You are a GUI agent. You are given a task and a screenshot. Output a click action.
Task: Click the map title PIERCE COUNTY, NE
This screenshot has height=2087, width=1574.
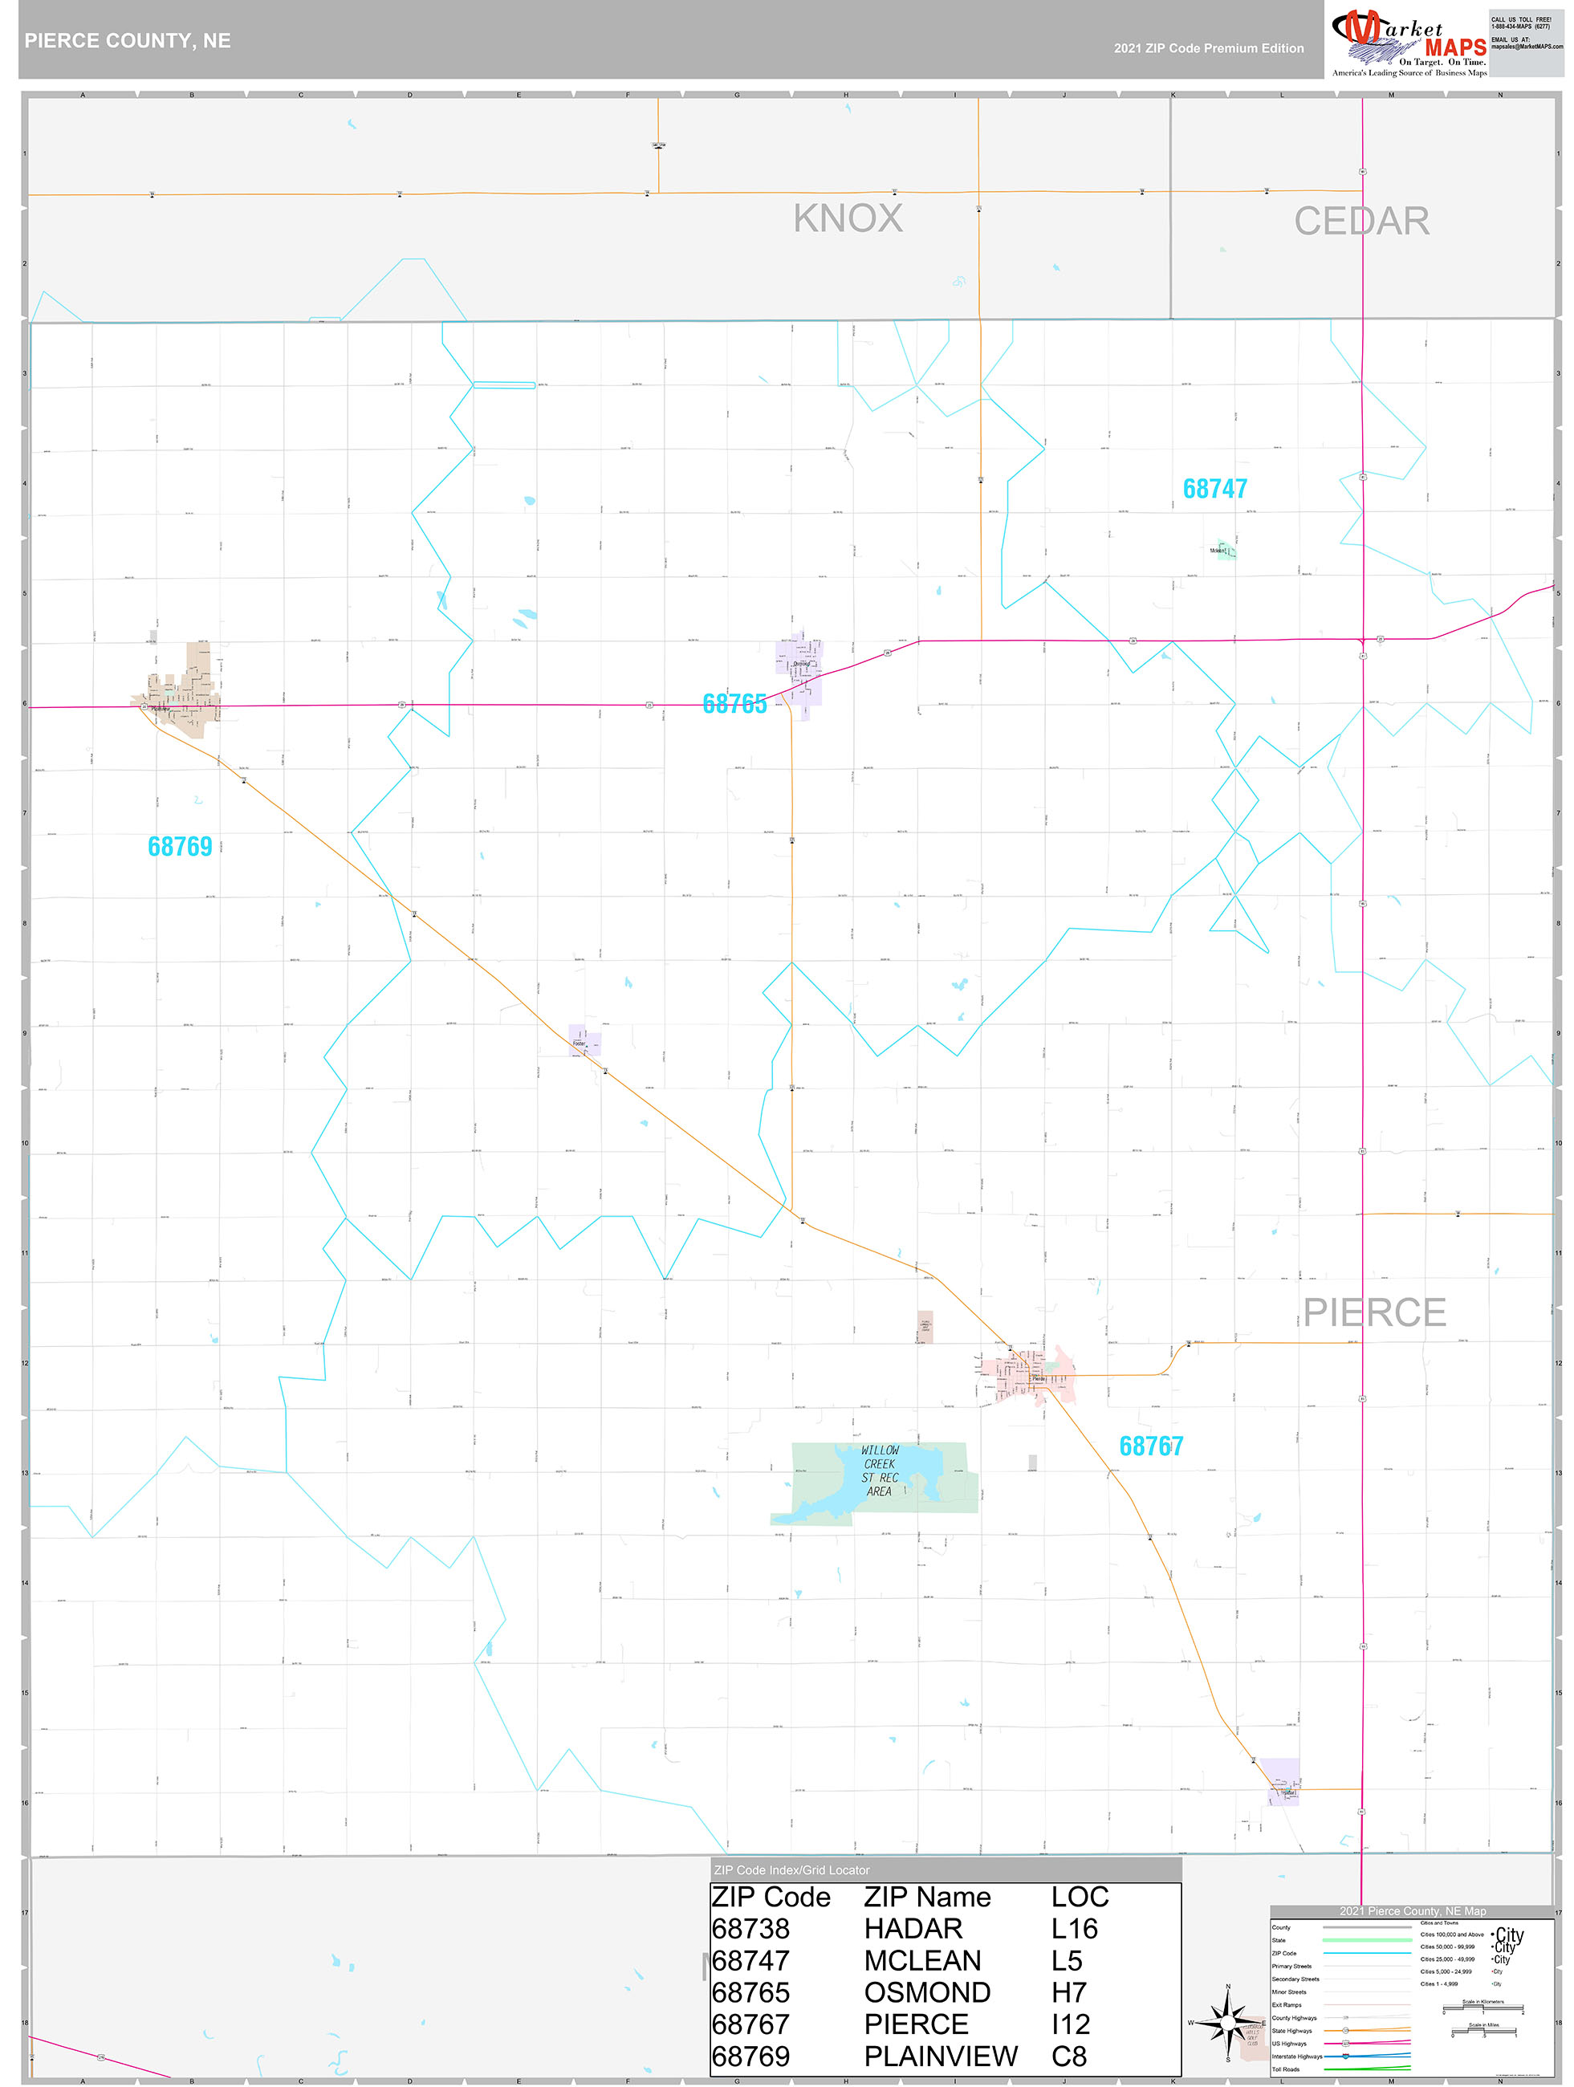click(128, 41)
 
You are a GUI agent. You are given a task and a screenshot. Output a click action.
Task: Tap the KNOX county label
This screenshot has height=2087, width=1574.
click(848, 218)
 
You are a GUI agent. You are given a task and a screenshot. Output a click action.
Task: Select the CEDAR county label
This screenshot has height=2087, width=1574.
click(1360, 222)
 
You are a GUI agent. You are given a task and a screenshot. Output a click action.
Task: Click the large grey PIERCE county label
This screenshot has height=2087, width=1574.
click(1374, 1312)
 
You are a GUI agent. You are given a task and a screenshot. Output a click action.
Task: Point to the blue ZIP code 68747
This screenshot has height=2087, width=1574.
click(1214, 489)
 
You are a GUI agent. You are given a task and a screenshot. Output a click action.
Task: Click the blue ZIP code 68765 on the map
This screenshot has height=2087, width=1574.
click(734, 704)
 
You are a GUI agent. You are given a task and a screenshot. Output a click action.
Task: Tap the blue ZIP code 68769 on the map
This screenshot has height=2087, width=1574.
click(179, 846)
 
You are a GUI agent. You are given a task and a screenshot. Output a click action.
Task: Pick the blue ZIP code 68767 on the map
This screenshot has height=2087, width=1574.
click(1150, 1446)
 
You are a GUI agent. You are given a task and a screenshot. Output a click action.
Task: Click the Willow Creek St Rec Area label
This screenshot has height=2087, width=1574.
click(880, 1471)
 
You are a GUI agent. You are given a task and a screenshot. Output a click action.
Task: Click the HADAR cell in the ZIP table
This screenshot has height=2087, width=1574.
click(913, 1929)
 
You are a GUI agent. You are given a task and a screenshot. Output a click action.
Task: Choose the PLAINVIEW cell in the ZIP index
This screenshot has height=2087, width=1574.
click(940, 2056)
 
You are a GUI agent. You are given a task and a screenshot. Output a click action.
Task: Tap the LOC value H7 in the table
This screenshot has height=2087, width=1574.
click(1068, 1992)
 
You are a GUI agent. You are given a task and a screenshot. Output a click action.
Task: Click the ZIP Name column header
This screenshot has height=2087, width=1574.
click(926, 1898)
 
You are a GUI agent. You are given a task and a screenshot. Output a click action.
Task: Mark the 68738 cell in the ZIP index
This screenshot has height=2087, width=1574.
click(750, 1929)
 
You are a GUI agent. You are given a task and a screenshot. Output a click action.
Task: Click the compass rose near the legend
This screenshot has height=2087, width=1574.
click(1226, 2023)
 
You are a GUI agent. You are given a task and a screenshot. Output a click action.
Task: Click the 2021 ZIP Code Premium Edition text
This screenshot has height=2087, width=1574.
click(1208, 48)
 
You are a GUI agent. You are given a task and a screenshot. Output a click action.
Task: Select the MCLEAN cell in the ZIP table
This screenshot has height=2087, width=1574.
click(922, 1960)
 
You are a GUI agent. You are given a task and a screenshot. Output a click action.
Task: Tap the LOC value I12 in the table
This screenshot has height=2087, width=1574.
click(1070, 2024)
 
